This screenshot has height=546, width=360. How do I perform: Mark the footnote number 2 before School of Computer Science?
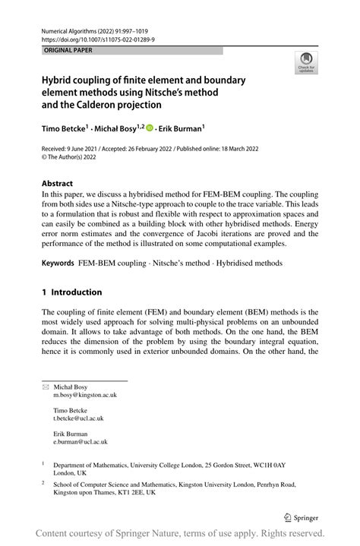click(44, 483)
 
